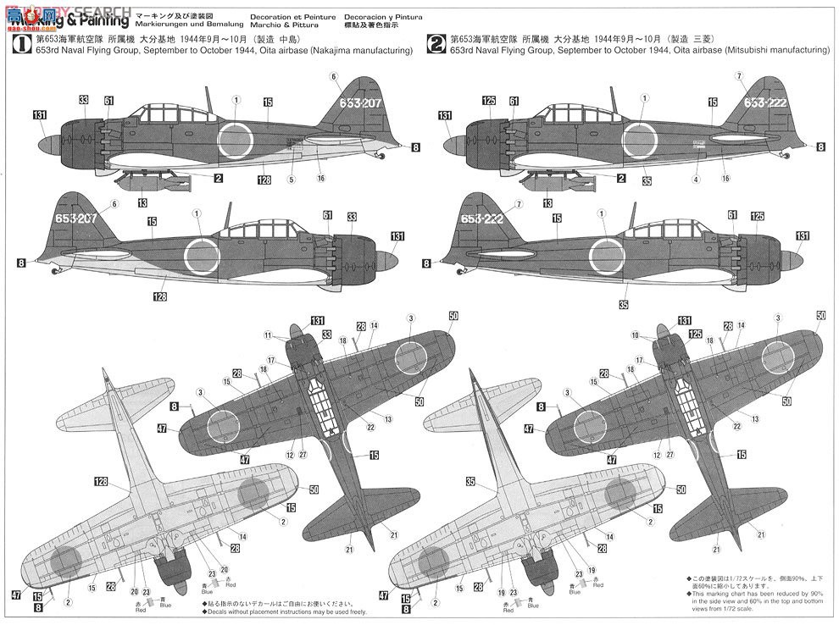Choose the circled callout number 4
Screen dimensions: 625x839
point(695,180)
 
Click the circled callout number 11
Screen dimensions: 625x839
point(268,335)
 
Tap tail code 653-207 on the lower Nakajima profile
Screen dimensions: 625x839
point(81,215)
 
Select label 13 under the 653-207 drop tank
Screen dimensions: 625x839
point(142,203)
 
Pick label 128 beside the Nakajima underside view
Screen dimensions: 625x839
point(101,482)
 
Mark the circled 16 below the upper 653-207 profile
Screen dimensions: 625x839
point(320,179)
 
